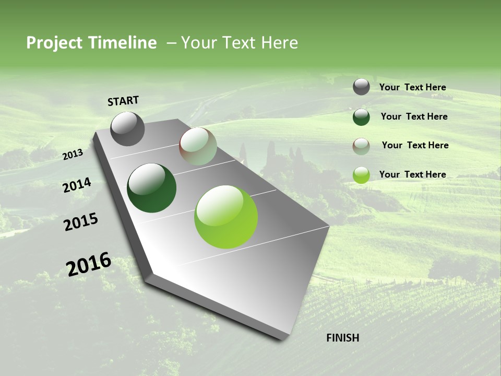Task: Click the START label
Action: [123, 101]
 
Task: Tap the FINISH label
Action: [342, 338]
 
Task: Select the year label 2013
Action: [73, 154]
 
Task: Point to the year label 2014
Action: [77, 185]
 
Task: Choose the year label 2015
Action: [81, 221]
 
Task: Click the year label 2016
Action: [89, 264]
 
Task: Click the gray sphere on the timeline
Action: [127, 129]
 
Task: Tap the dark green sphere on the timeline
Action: [151, 188]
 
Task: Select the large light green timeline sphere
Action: [226, 217]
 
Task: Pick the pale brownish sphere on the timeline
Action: [198, 146]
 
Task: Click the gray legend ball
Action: [361, 87]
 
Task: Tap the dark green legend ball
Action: [361, 117]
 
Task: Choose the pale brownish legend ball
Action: [361, 146]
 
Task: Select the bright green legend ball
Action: [361, 175]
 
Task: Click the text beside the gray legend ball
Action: [412, 88]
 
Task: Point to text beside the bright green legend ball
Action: [412, 174]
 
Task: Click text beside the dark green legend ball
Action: [414, 116]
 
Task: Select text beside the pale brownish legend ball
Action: [415, 145]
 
